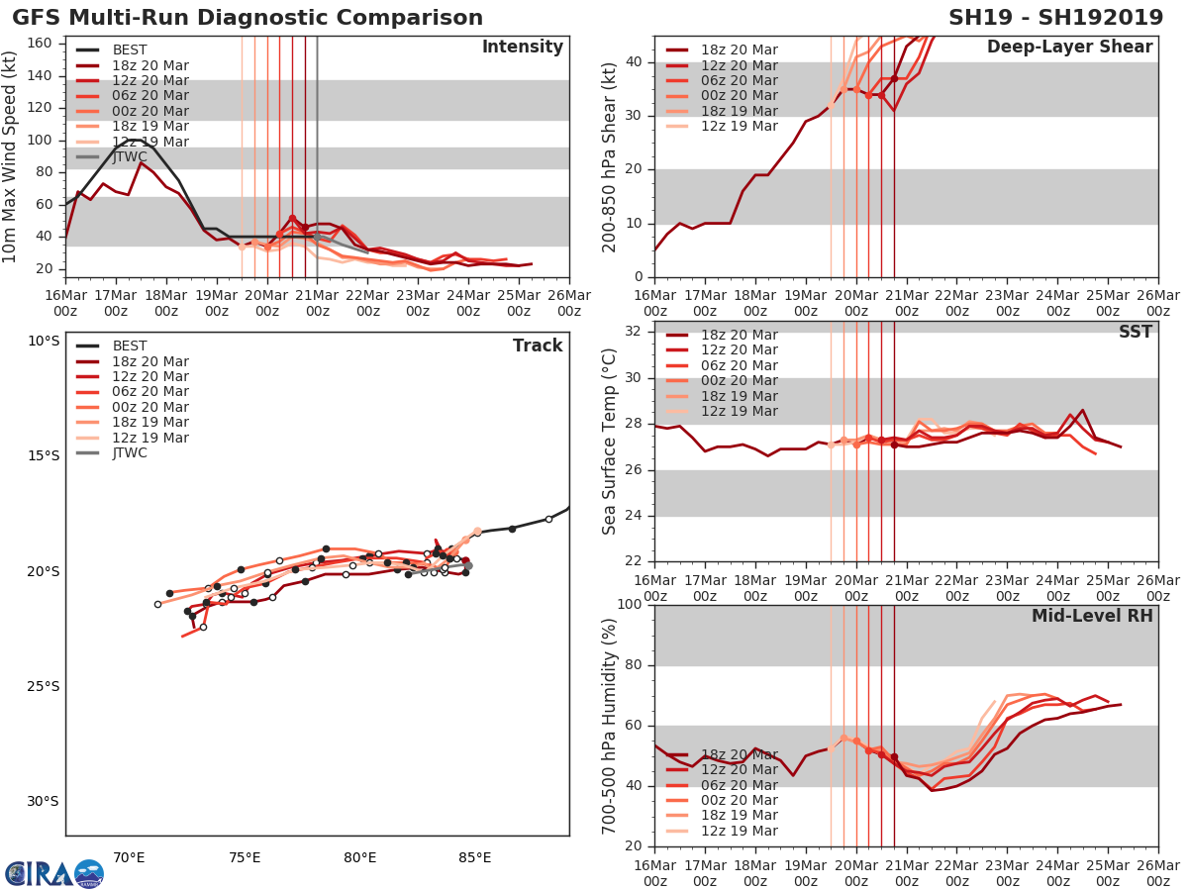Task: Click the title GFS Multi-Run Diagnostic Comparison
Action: click(x=247, y=18)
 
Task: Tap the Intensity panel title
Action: click(x=522, y=48)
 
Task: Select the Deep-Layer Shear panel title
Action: click(x=1069, y=48)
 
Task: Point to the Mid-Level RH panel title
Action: click(x=1092, y=616)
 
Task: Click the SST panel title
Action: click(x=1136, y=332)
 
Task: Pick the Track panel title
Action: click(x=538, y=346)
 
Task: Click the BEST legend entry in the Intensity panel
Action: click(x=130, y=49)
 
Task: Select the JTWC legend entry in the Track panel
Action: click(x=130, y=452)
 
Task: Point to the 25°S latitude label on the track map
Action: click(x=43, y=686)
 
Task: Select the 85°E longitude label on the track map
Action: click(x=474, y=856)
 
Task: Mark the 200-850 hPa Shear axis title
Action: click(x=610, y=156)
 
